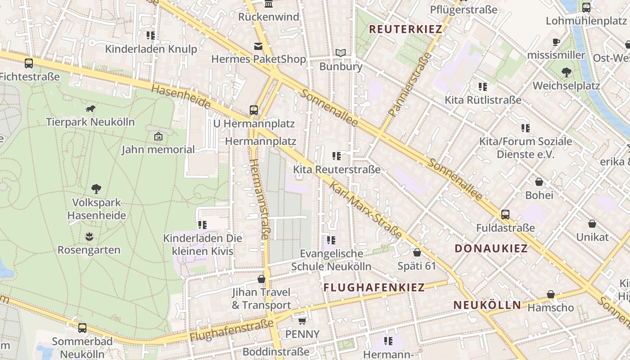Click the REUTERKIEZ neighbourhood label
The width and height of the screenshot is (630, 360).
[405, 29]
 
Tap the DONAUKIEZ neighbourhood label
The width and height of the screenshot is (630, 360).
[491, 248]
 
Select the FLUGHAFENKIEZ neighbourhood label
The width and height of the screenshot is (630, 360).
[374, 287]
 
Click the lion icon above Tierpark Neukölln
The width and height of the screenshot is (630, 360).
[90, 108]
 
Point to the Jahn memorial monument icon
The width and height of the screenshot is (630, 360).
[158, 136]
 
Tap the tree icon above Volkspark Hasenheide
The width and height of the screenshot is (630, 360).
[96, 189]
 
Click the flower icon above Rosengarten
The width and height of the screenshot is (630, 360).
[89, 236]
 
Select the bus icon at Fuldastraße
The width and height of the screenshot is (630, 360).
[505, 214]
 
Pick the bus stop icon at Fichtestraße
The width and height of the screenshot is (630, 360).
[29, 63]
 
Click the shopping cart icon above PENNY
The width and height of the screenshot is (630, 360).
[302, 321]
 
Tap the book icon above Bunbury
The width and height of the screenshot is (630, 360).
[341, 53]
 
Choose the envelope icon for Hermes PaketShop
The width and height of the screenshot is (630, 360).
[258, 46]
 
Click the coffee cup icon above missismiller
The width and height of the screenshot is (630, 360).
[556, 42]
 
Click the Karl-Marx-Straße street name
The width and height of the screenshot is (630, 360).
[365, 210]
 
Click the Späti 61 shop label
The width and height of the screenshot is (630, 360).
[417, 266]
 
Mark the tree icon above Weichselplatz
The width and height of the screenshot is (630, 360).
[566, 72]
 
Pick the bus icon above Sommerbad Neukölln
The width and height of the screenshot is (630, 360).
[82, 328]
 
